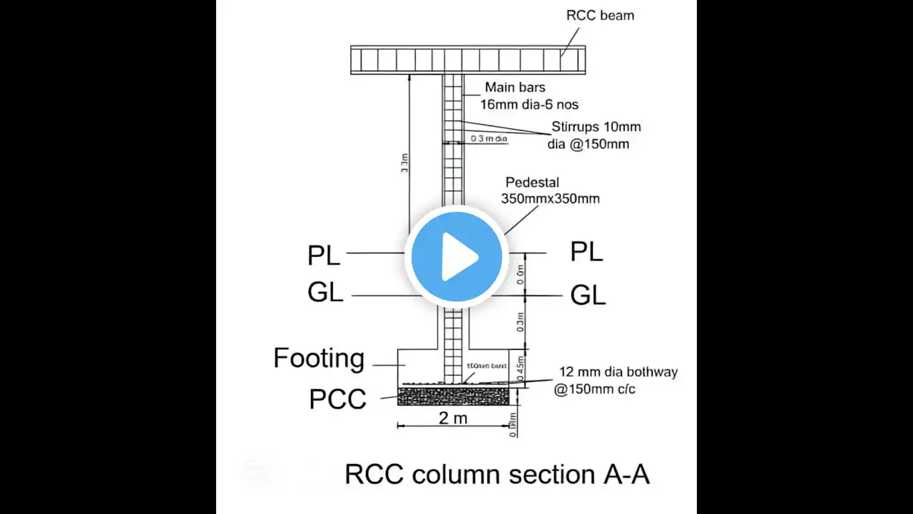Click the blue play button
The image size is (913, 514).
(456, 256)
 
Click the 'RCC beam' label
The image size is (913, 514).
(600, 15)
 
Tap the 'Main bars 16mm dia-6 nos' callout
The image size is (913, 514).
(525, 95)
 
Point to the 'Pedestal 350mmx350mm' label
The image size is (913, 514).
(550, 191)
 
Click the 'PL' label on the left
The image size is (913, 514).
(324, 255)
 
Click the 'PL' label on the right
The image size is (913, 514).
(586, 251)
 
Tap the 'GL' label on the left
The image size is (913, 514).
(325, 293)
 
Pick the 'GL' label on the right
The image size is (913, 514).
(588, 295)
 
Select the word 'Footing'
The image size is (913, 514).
(319, 358)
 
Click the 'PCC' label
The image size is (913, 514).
(337, 400)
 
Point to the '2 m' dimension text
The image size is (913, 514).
(453, 418)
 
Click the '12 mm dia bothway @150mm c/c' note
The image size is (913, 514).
(617, 381)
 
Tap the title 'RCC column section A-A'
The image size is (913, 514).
(497, 474)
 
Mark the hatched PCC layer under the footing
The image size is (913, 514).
(453, 396)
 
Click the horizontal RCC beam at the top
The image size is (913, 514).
(468, 59)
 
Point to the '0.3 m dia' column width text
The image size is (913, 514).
(489, 138)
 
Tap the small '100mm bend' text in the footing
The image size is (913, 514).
(486, 366)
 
